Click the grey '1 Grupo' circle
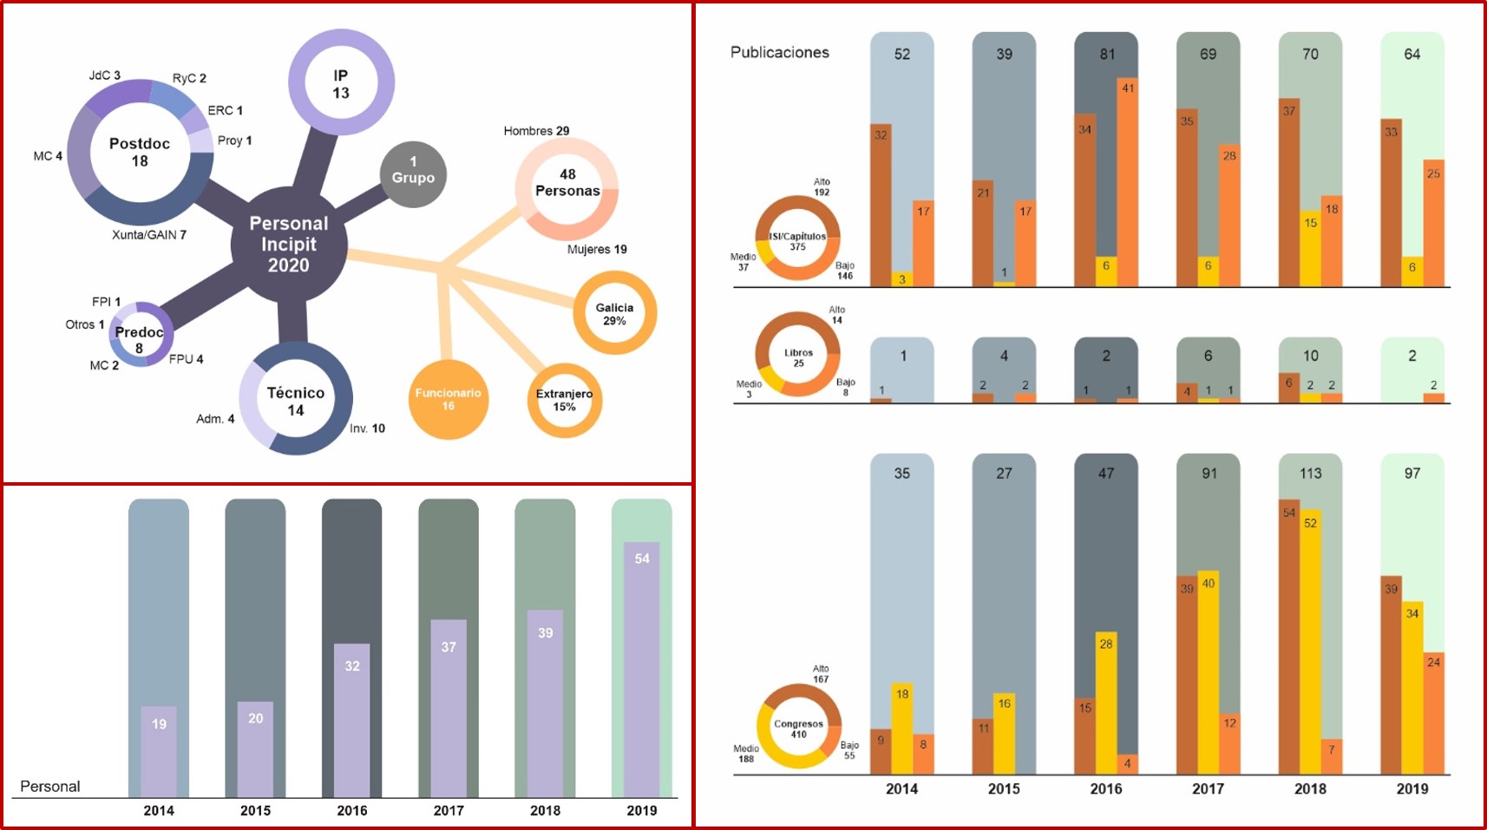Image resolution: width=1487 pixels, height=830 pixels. [x=413, y=174]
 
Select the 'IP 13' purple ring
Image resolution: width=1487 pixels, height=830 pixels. [x=341, y=83]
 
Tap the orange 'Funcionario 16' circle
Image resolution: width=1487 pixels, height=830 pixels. [x=448, y=399]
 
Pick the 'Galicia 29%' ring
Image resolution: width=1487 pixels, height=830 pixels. [x=614, y=313]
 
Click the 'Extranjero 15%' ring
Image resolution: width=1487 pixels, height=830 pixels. [x=564, y=400]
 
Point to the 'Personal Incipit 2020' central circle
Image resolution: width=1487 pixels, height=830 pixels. [x=289, y=245]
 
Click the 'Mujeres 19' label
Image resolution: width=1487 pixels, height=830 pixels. [x=596, y=250]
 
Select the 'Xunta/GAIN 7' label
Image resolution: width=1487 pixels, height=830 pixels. [x=149, y=235]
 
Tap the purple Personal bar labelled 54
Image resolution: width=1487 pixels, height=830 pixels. [x=641, y=668]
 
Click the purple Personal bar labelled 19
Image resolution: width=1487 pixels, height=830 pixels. [x=159, y=750]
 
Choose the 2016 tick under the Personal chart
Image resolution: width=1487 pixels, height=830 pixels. [x=351, y=810]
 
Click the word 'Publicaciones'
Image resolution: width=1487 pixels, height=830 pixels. [x=779, y=52]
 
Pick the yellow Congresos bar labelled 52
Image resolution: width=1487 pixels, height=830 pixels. [x=1310, y=642]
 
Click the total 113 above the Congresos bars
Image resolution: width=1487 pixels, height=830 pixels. [x=1310, y=474]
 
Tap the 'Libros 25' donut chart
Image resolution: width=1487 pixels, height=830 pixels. [x=798, y=353]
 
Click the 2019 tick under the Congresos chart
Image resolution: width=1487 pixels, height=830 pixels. [x=1412, y=788]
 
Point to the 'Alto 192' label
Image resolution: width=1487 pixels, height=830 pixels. [x=821, y=187]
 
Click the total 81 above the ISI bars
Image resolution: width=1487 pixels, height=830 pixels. [x=1107, y=54]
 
